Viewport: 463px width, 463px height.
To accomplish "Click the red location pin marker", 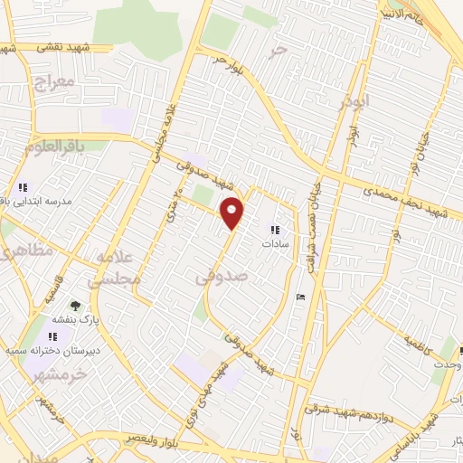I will pyautogui.click(x=234, y=212).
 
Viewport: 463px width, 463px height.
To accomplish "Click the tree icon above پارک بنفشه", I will pyautogui.click(x=75, y=305).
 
